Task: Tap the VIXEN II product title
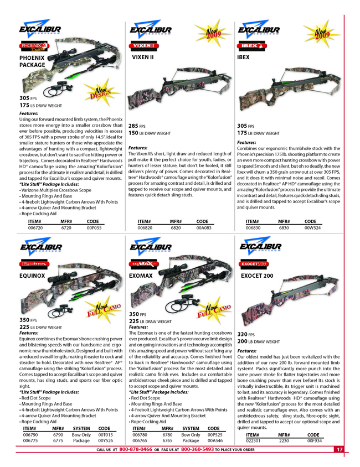[142, 57]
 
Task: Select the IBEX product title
[243, 57]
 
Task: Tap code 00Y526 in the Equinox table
[105, 442]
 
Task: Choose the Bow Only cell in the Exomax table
[191, 435]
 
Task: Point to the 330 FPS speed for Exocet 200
[245, 335]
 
